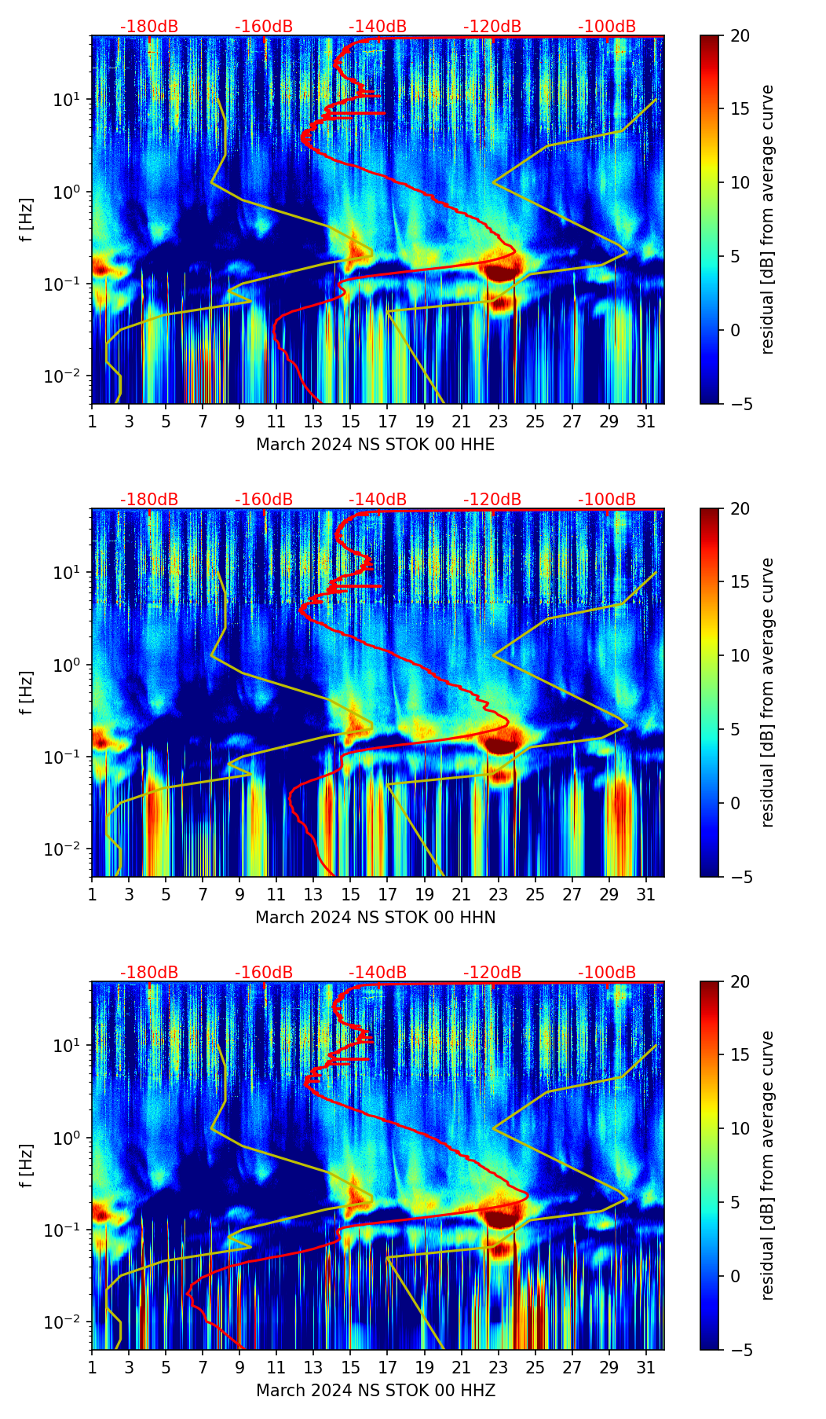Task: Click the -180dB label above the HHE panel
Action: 149,27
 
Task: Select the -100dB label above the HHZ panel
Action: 607,973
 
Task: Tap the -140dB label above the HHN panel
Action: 378,500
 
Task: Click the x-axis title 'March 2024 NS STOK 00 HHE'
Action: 375,445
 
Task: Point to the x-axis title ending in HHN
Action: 375,918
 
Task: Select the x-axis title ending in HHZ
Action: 375,1391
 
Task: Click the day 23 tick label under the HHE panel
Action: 499,421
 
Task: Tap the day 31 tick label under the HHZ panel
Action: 646,1367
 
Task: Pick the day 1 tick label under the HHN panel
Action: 92,894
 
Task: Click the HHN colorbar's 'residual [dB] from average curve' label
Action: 768,692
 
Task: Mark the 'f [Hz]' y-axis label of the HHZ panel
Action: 27,1165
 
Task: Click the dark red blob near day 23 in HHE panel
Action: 501,269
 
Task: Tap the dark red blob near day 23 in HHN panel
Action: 501,742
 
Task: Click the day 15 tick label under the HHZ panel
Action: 351,1367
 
